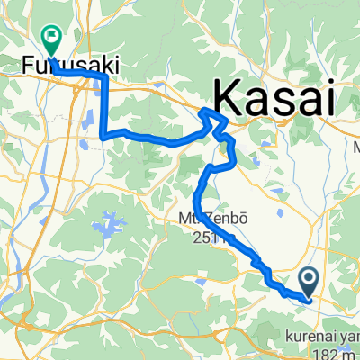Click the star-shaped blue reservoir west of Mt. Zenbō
click(113, 222)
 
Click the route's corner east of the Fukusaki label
click(105, 78)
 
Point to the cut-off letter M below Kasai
click(355, 147)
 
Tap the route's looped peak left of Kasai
click(210, 112)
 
